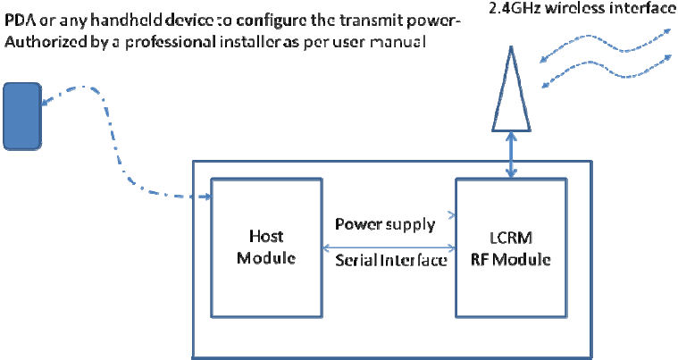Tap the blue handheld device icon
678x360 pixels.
22,117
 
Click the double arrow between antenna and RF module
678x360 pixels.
512,155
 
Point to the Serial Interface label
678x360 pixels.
391,260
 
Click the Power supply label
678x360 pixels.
385,225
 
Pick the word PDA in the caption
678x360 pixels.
20,20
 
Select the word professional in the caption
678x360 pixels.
171,43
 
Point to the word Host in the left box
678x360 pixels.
266,236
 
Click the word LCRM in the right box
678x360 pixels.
511,238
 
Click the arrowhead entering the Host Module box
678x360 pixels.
207,197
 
